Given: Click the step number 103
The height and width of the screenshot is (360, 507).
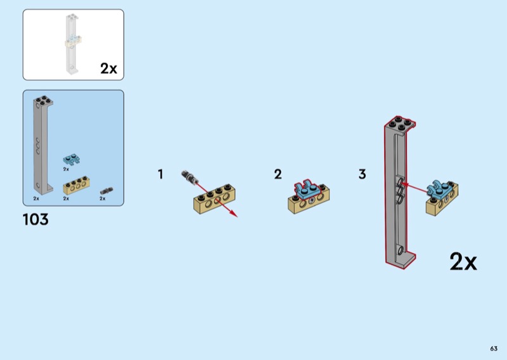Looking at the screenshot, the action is tap(35, 219).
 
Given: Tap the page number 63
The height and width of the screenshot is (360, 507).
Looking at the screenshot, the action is tap(494, 349).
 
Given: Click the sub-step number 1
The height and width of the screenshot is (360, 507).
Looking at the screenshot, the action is tap(160, 174).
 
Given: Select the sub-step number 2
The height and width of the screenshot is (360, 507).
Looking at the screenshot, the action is tap(278, 174).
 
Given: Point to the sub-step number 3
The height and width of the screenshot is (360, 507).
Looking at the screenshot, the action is tap(362, 174).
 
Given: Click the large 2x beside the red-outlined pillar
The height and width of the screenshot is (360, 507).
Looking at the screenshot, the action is tap(463, 261).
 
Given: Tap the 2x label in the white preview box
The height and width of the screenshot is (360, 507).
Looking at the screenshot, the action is tap(108, 68).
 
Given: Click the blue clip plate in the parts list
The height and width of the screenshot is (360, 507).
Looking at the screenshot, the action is tap(72, 160).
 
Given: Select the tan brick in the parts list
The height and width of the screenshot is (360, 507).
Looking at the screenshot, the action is tap(76, 185).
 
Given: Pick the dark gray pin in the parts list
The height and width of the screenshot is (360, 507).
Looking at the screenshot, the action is tap(106, 191).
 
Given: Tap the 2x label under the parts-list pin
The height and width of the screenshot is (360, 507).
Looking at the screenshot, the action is tap(103, 198).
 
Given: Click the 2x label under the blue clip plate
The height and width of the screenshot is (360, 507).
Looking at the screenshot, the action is tap(66, 169).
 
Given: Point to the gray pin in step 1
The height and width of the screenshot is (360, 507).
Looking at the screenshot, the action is tap(189, 177).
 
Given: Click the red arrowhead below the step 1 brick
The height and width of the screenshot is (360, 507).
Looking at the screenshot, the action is tap(234, 214).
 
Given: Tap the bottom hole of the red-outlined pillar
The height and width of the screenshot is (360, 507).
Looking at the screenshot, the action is tap(401, 250).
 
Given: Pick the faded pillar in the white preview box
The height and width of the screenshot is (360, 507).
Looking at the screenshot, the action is tap(72, 44).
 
